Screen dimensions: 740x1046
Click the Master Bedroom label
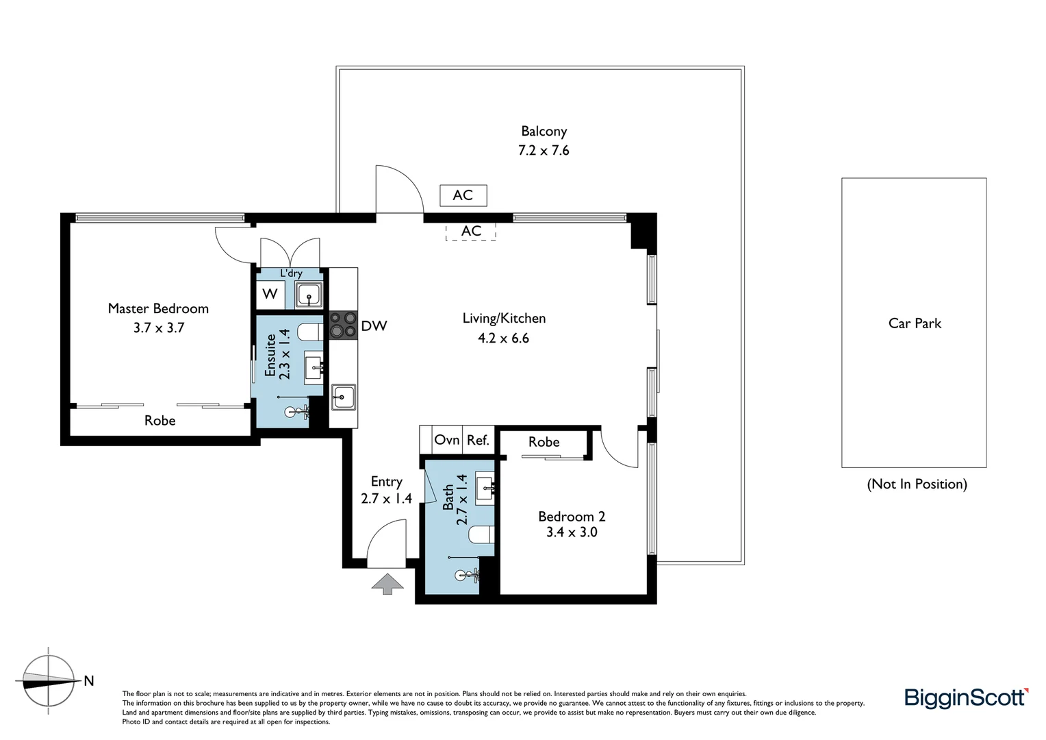click(158, 308)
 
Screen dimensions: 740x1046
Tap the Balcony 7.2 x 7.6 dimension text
click(544, 150)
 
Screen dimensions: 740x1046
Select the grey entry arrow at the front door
click(387, 584)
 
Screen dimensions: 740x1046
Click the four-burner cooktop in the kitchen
click(343, 325)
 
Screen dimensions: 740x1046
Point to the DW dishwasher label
click(374, 326)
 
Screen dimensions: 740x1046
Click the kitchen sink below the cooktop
click(343, 397)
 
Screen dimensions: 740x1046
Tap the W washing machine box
click(270, 294)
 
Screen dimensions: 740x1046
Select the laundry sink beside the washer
click(309, 295)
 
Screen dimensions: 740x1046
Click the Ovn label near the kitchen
click(447, 440)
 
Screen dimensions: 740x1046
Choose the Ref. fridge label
click(478, 440)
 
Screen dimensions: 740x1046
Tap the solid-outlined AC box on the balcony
click(463, 195)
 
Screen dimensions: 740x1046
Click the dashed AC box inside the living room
click(471, 231)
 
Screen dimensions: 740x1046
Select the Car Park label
click(915, 323)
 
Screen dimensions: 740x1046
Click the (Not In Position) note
click(917, 484)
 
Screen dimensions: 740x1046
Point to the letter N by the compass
click(88, 680)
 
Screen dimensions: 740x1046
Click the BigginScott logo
click(966, 698)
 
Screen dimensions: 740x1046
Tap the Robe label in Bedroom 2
click(544, 442)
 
